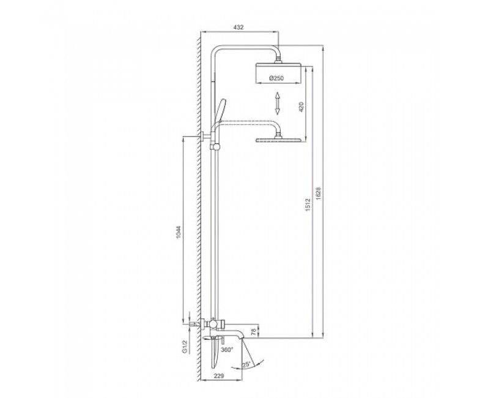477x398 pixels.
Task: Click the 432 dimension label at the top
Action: click(239, 27)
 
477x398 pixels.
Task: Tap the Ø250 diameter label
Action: click(276, 78)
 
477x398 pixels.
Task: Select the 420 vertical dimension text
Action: click(301, 107)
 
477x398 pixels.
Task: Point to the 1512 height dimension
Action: click(308, 205)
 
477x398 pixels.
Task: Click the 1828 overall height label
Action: click(319, 193)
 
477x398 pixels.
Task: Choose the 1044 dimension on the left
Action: click(179, 232)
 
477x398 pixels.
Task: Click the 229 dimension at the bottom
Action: click(218, 376)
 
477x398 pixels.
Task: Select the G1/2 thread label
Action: click(184, 347)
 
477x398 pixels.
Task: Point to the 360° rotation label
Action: click(227, 349)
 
